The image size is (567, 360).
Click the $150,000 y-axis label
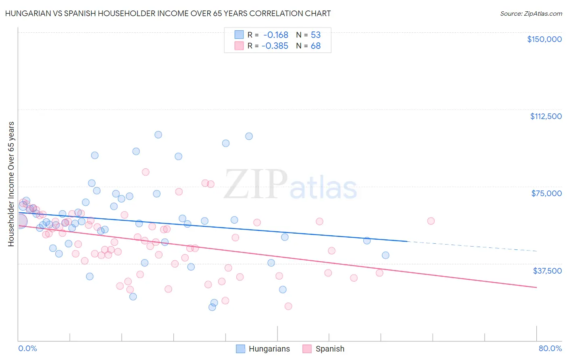(544, 39)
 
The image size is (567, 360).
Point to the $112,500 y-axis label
(546, 116)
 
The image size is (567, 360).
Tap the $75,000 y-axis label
(546, 193)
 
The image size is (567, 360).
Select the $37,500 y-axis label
(547, 270)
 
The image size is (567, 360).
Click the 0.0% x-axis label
(27, 348)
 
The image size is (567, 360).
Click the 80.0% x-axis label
(550, 348)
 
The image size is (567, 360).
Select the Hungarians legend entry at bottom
(269, 349)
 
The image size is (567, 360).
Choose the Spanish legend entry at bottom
(329, 349)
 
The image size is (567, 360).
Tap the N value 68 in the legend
(315, 46)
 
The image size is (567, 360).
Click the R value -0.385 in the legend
(275, 46)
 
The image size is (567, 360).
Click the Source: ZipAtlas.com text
(531, 13)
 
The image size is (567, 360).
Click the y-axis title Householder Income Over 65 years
(11, 184)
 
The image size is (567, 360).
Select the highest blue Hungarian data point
(158, 135)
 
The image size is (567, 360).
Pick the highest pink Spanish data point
(146, 172)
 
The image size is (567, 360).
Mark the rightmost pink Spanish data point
(431, 221)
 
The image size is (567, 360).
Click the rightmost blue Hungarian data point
(386, 255)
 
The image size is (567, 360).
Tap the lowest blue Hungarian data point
(212, 307)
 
